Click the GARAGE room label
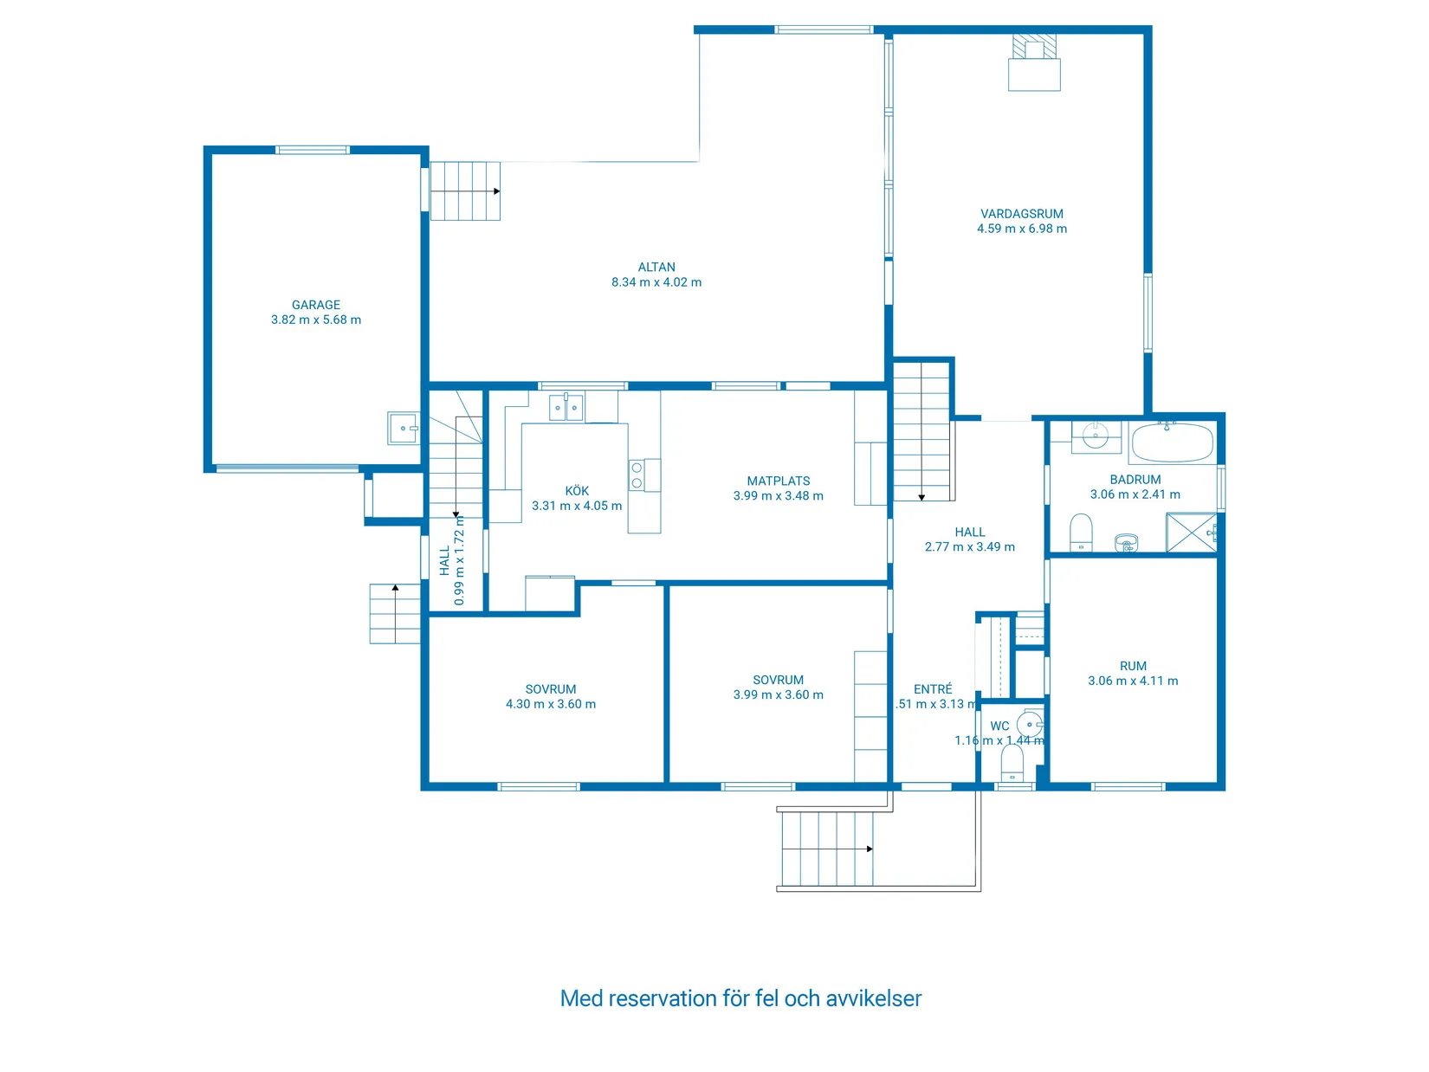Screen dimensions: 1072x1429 316,305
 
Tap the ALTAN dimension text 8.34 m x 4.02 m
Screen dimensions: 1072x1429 656,282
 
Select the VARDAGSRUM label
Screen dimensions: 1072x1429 1022,214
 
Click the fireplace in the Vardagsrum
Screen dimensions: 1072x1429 1034,64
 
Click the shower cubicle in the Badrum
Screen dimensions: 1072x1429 1191,532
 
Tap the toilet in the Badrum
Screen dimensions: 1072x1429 1081,531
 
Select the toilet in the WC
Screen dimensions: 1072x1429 1012,764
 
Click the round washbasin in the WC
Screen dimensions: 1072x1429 1030,723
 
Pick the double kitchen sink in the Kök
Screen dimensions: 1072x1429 566,407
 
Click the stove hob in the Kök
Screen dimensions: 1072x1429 637,475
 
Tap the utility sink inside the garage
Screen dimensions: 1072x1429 403,428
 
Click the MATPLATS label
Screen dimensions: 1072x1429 779,481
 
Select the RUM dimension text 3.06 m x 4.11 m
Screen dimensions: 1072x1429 1133,681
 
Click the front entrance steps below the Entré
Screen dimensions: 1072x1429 826,849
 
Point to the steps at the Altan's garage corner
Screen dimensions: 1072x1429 465,191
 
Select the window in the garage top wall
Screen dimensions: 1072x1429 313,150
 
